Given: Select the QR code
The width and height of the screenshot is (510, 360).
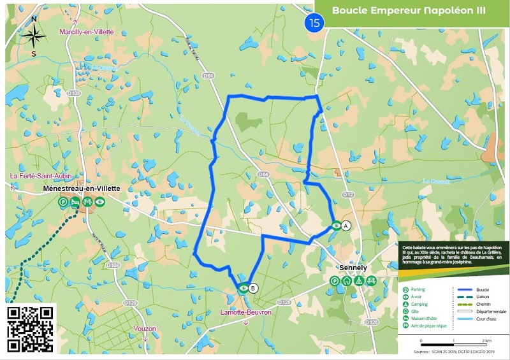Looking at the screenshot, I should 31,328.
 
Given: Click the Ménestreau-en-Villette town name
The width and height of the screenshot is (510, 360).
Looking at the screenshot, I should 81,189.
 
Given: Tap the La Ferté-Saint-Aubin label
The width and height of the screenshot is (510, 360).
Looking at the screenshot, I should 39,176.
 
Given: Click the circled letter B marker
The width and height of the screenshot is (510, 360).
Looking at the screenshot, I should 253,288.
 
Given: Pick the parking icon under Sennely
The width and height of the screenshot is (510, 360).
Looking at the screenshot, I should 334,280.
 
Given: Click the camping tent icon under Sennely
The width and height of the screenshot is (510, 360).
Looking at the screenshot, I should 360,280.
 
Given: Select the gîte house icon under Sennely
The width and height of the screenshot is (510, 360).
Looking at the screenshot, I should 347,280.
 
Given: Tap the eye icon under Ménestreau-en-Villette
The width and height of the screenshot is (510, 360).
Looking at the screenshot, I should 101,201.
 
